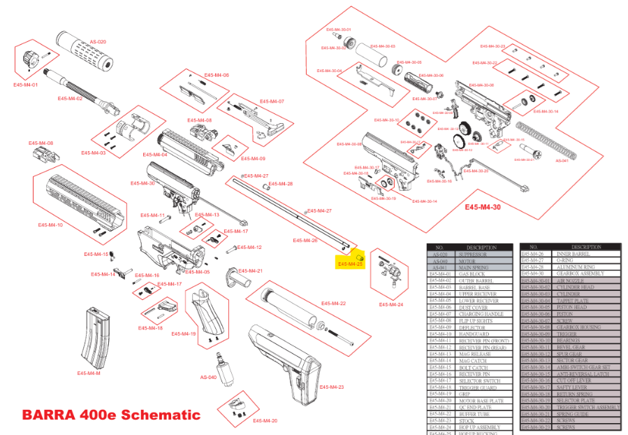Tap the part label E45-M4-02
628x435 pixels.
point(71,99)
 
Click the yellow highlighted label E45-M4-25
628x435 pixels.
point(350,264)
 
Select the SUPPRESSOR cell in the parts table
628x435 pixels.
point(477,254)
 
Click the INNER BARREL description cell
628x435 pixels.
point(572,254)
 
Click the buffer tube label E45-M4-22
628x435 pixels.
point(333,304)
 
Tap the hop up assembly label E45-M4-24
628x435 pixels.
point(391,305)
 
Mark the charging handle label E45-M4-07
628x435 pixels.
point(272,101)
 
